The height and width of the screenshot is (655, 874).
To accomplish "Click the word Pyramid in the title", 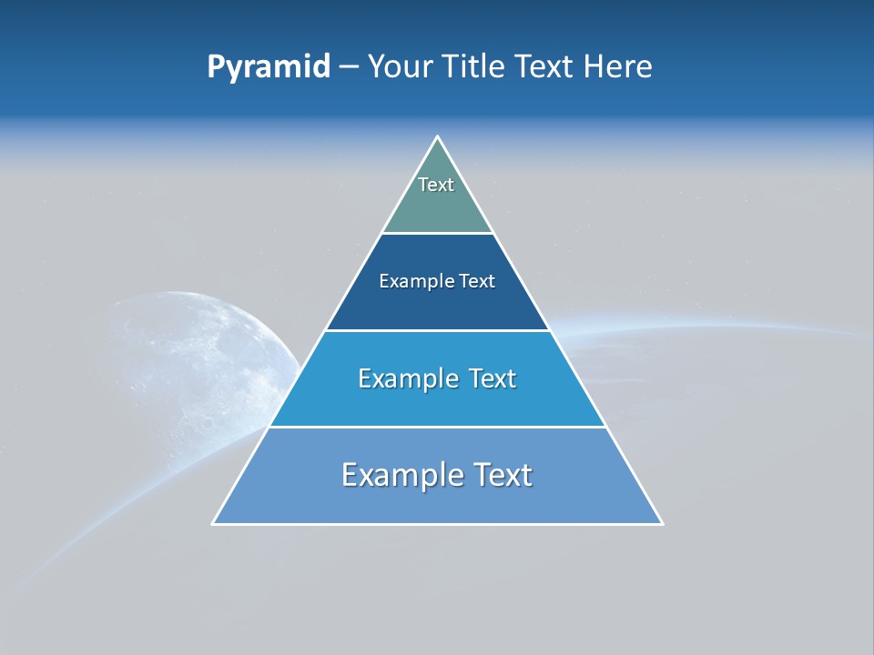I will point(268,67).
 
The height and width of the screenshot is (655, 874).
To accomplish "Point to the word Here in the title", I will point(618,67).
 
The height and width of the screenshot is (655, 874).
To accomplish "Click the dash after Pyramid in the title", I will point(349,67).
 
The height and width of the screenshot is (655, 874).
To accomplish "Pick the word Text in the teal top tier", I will point(436,185).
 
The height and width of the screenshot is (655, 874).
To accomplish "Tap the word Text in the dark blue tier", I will point(477,281).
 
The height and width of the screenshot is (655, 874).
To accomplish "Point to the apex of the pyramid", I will point(438,137).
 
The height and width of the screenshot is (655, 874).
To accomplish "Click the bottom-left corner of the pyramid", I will point(214,523).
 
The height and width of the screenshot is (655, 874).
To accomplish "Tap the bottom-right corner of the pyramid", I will point(662,523).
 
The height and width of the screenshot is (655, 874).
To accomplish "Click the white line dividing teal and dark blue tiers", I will point(438,234).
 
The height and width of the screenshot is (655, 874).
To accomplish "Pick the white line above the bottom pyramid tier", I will point(438,427).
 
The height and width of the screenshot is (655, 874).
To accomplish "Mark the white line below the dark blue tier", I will point(438,330).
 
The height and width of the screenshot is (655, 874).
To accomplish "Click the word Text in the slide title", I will point(546,67).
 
